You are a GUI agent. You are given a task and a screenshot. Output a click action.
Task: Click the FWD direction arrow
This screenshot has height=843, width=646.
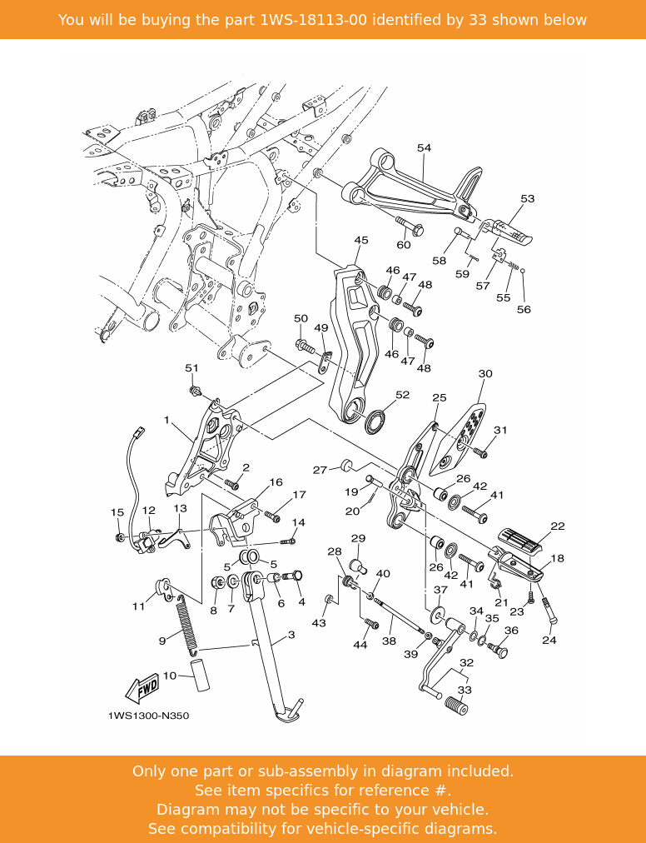coord(142,688)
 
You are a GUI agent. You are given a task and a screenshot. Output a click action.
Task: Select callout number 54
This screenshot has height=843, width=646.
coord(424,148)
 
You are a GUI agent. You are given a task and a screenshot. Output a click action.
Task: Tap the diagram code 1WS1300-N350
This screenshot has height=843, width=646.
coord(147,716)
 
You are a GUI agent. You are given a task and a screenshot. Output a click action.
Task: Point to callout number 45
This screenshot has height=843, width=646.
coord(360,241)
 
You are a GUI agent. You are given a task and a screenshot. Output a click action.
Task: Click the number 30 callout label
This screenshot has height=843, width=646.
coord(485,374)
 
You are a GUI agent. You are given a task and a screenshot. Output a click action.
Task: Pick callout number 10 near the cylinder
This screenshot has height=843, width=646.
coord(170,676)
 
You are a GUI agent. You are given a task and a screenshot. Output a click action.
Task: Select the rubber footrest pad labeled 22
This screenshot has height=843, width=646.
coord(520,538)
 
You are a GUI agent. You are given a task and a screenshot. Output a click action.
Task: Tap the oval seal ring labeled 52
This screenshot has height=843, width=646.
coord(375,421)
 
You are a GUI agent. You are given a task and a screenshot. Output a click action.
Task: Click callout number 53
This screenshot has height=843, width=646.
coord(527,199)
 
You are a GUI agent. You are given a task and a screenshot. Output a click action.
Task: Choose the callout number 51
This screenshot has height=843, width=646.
coord(191,368)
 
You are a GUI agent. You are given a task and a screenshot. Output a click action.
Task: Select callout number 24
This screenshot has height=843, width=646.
coord(549,641)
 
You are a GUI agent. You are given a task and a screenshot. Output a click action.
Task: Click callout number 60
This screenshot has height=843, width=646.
coord(403,245)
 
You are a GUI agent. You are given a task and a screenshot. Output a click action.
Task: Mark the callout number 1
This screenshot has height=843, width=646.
coord(166,420)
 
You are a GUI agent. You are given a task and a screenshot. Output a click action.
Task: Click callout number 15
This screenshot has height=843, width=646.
coord(117,512)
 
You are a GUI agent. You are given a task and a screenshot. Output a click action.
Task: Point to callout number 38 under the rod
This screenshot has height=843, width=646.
coord(389,641)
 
